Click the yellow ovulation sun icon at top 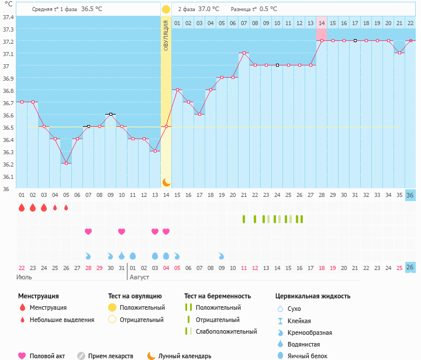(x=166, y=9)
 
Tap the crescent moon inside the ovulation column (x=166, y=182)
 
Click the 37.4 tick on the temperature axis (x=8, y=17)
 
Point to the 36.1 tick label (x=8, y=176)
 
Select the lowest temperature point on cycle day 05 (x=66, y=163)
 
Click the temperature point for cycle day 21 (x=244, y=53)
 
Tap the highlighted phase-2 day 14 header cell (x=322, y=23)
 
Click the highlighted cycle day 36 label (x=410, y=195)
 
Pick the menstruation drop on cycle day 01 (x=22, y=207)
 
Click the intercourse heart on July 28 (x=88, y=231)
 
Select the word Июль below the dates (x=25, y=277)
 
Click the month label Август (x=140, y=277)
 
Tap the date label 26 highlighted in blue (x=410, y=267)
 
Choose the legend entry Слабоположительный (x=226, y=331)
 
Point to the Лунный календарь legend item (x=185, y=356)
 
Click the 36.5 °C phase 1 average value (x=91, y=9)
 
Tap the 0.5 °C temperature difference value (x=268, y=9)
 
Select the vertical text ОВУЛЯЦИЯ (x=166, y=35)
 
